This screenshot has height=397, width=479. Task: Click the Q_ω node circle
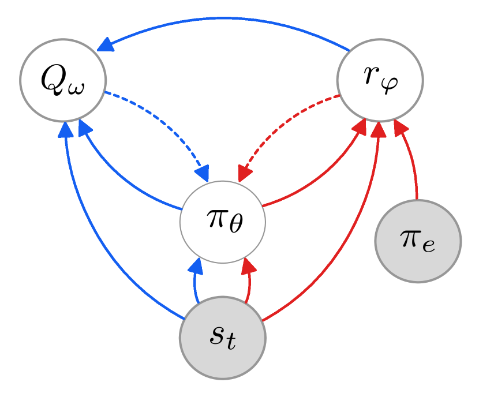click(63, 80)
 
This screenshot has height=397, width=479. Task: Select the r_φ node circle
click(380, 80)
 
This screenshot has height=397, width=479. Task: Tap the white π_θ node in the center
click(222, 222)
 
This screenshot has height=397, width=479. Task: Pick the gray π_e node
click(418, 241)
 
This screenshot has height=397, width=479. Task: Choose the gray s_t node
click(222, 338)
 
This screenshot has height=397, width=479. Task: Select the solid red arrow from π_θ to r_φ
click(323, 173)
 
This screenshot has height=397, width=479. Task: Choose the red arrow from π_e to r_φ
click(411, 162)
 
